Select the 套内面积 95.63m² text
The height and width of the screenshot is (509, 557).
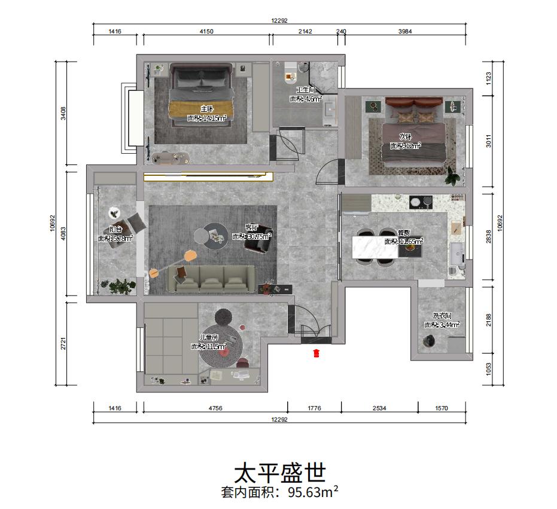coord(279,493)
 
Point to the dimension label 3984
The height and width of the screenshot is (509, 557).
coord(405,32)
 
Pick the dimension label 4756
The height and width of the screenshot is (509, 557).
coord(215,409)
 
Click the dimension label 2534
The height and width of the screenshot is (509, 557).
coord(379,409)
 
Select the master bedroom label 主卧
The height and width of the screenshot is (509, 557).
coord(206,109)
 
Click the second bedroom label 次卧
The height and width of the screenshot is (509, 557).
coord(406,136)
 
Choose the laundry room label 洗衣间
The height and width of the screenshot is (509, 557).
coord(442,316)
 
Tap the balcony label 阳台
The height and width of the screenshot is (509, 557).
coord(115,229)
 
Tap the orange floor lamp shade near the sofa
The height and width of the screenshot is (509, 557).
coord(191,255)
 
